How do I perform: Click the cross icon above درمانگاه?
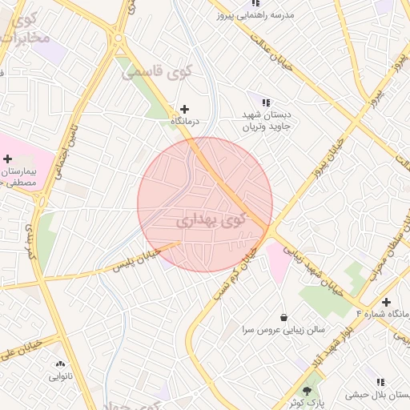coord(185,109)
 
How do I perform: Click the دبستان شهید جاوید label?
coord(267,120)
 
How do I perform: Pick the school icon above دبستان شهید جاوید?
coord(266,102)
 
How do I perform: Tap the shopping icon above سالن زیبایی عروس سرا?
coord(283,316)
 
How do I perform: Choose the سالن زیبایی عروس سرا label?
coord(272,329)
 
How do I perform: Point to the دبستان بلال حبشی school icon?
coord(380,382)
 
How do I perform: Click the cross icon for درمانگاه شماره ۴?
coord(387,302)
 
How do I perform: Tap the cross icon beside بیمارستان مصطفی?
coord(7,159)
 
